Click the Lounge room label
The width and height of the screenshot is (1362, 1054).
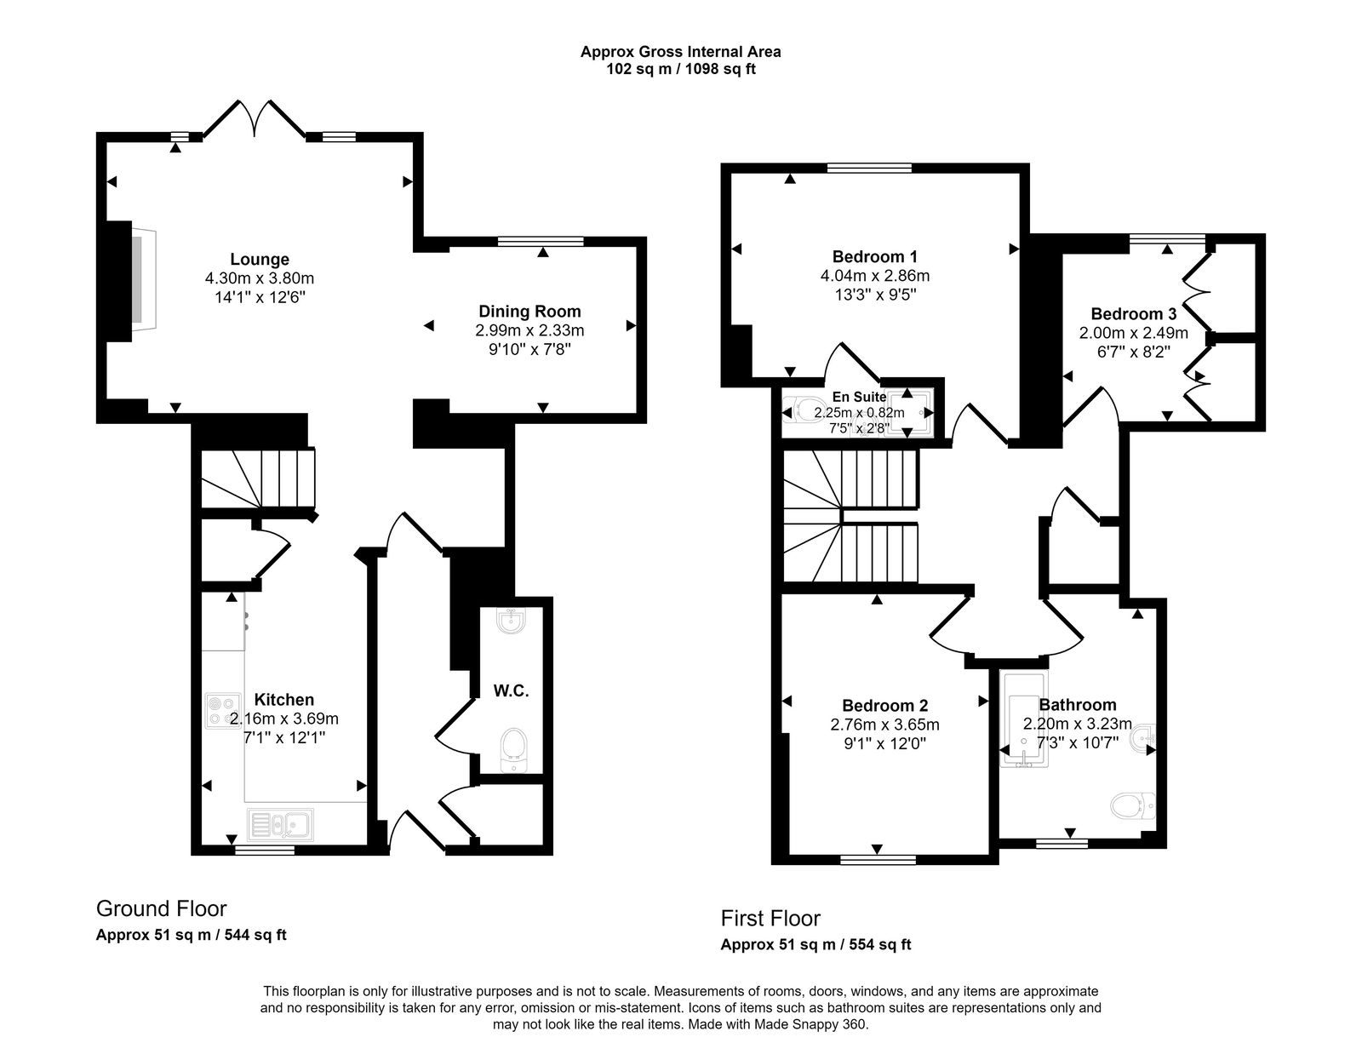click(x=259, y=259)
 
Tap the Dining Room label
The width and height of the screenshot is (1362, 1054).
click(x=529, y=312)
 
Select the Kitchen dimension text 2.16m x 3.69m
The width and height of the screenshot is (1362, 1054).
click(x=284, y=719)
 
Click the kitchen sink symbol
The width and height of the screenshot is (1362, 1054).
click(x=281, y=824)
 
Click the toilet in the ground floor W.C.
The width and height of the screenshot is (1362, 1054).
click(x=512, y=748)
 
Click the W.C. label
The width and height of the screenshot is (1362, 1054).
click(x=511, y=691)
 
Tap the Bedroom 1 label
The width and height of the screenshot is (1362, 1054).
click(x=874, y=256)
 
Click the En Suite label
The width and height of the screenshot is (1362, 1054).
click(x=859, y=397)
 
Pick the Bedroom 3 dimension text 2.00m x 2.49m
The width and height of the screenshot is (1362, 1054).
click(x=1133, y=333)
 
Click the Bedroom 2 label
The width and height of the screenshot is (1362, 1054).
click(x=884, y=705)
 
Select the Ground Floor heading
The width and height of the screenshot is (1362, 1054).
click(x=161, y=908)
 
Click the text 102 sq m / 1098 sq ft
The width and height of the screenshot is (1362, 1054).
click(x=680, y=69)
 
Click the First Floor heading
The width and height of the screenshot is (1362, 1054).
click(x=770, y=918)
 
